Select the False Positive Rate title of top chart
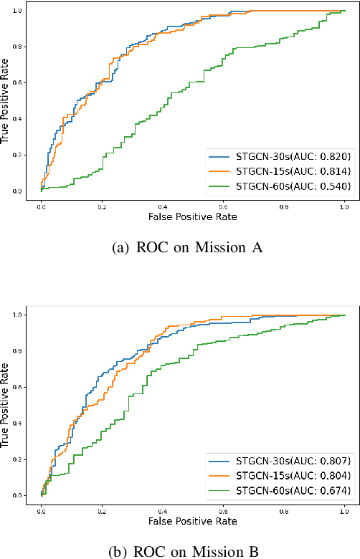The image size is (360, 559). pyautogui.click(x=192, y=215)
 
